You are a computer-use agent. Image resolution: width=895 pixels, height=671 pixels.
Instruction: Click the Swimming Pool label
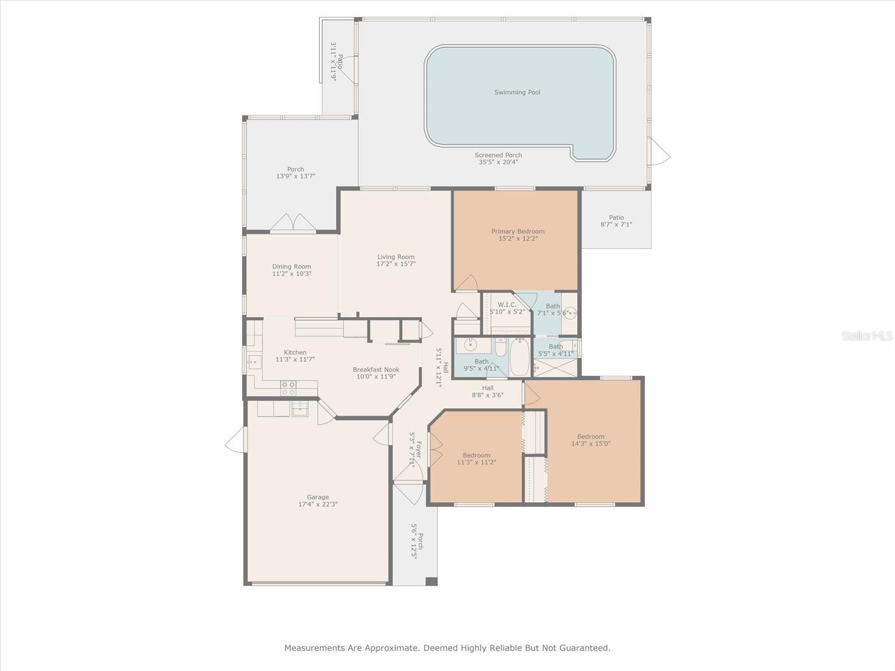tap(517, 92)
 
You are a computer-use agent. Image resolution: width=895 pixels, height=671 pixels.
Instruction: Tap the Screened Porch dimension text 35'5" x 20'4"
tap(498, 162)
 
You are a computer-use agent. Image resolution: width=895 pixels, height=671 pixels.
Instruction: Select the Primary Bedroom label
tap(518, 231)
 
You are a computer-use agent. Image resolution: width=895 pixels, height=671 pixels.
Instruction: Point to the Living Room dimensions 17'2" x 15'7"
tap(396, 264)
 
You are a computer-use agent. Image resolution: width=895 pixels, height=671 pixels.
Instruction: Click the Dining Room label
tap(291, 267)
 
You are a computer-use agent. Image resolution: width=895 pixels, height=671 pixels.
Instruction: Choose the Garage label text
tap(318, 497)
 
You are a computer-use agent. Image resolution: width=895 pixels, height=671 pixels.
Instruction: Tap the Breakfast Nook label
tap(376, 370)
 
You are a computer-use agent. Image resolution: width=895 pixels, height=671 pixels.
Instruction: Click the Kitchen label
tap(295, 352)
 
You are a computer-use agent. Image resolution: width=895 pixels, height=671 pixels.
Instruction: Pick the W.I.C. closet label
tap(507, 305)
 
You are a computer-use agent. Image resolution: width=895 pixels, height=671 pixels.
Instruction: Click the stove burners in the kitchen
tap(288, 388)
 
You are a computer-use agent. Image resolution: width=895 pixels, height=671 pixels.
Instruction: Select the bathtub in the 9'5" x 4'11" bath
tap(520, 357)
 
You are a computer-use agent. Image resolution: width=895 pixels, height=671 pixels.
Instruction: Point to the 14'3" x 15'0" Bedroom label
tap(591, 436)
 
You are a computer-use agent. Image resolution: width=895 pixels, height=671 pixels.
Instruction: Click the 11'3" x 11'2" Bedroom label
tap(476, 455)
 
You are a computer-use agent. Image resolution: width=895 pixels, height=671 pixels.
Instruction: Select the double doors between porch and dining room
tap(293, 223)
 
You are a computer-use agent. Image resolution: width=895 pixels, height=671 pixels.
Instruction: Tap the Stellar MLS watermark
tap(866, 335)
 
